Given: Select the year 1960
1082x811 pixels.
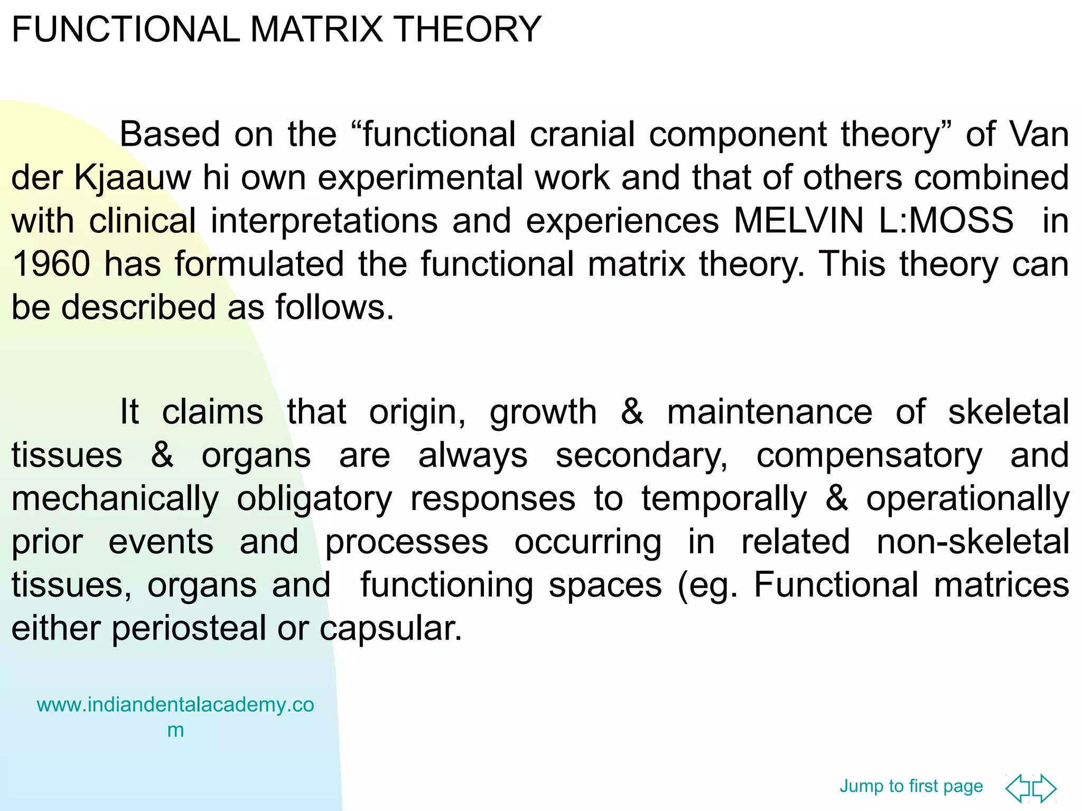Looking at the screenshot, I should [51, 263].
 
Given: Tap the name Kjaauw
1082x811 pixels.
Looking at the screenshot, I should [132, 177].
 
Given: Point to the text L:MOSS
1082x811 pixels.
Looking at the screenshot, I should [946, 220].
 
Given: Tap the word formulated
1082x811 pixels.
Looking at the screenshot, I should [259, 263].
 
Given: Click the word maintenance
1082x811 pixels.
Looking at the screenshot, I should [769, 412].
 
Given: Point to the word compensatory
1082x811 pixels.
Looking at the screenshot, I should [869, 455].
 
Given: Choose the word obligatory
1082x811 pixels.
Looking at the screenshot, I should [314, 498].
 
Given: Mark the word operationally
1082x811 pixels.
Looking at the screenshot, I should [967, 498].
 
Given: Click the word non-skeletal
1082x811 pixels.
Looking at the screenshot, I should [973, 542].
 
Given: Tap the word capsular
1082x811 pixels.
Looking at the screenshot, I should [390, 628].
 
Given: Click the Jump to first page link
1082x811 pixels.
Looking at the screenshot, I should [911, 786].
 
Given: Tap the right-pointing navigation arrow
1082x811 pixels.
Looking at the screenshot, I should [1044, 788].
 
